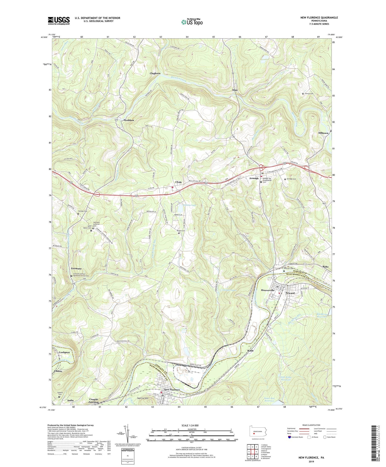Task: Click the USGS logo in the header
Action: [x=59, y=21]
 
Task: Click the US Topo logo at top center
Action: [x=192, y=22]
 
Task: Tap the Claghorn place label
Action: [x=155, y=73]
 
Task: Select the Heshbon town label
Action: [x=129, y=120]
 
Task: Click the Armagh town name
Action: [x=254, y=178]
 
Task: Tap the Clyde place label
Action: [x=179, y=182]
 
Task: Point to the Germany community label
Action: [x=76, y=268]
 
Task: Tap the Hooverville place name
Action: [x=268, y=290]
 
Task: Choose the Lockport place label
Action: [x=64, y=352]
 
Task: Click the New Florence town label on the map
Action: [x=172, y=390]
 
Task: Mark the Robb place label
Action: [x=250, y=351]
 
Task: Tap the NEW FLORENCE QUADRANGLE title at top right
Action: [x=319, y=18]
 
